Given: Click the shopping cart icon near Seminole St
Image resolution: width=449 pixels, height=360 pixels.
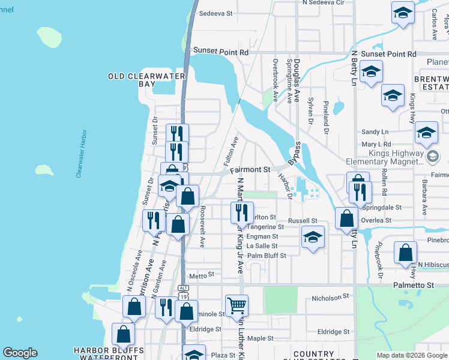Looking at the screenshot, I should click(x=237, y=305).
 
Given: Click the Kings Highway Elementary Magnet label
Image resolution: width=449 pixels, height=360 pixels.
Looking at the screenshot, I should click(x=385, y=157).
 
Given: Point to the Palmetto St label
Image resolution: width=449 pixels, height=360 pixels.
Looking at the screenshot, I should click(x=413, y=285).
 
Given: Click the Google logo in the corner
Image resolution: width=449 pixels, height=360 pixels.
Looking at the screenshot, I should click(x=20, y=353).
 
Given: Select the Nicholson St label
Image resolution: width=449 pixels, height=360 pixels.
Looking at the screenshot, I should click(x=331, y=297).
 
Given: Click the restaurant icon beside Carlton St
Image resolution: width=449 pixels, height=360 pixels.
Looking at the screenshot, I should click(x=240, y=213).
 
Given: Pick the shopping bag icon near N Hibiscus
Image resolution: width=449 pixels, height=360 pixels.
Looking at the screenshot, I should click(x=406, y=252).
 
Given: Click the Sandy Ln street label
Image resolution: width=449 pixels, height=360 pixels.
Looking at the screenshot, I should click(x=375, y=132).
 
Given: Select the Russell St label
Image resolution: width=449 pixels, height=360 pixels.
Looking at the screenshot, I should click(x=302, y=221).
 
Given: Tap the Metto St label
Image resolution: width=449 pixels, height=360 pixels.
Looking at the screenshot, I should click(x=202, y=276).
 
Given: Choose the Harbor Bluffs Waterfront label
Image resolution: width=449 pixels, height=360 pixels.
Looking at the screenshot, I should click(x=109, y=354).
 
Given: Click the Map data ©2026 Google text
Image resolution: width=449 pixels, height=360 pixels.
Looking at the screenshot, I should click(x=411, y=355).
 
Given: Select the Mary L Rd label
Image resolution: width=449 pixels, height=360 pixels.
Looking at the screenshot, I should click(x=376, y=144).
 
